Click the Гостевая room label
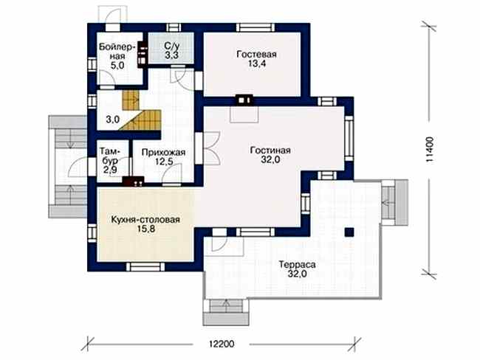[256, 54]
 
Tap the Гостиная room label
[270, 150]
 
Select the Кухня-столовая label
[145, 220]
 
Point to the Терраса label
[297, 264]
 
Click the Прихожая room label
[164, 152]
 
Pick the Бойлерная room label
[117, 52]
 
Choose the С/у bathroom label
[172, 46]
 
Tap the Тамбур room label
[110, 156]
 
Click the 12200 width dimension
[222, 344]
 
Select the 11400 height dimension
[429, 149]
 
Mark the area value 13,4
[256, 63]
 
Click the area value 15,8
[146, 229]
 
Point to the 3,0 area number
[112, 120]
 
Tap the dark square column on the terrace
[349, 232]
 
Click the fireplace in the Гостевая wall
[244, 100]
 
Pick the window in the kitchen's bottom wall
[145, 267]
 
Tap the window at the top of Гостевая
[256, 27]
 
